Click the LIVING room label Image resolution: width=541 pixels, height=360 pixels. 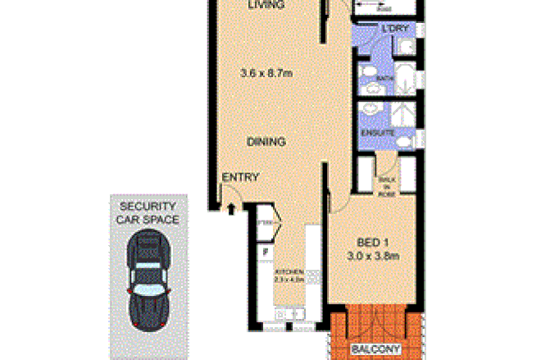(x=266, y=5)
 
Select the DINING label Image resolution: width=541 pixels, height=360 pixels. (x=266, y=142)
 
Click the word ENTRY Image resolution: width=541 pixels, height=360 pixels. (x=240, y=177)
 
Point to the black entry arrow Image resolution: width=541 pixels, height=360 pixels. (x=232, y=209)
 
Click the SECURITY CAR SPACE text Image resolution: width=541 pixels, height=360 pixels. (x=149, y=212)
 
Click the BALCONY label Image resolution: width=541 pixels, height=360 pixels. (x=374, y=349)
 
